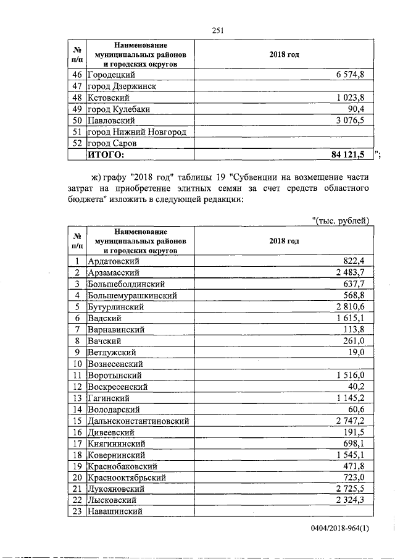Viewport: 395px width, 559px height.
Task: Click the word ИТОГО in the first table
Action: point(106,154)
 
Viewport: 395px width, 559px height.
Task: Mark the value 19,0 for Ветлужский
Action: point(356,352)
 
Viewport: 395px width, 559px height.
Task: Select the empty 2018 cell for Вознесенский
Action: point(284,364)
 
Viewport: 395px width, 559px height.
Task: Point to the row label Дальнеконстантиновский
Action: point(138,421)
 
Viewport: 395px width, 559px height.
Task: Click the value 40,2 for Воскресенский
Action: point(355,387)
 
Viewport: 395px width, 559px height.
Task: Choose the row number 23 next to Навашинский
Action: point(78,511)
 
